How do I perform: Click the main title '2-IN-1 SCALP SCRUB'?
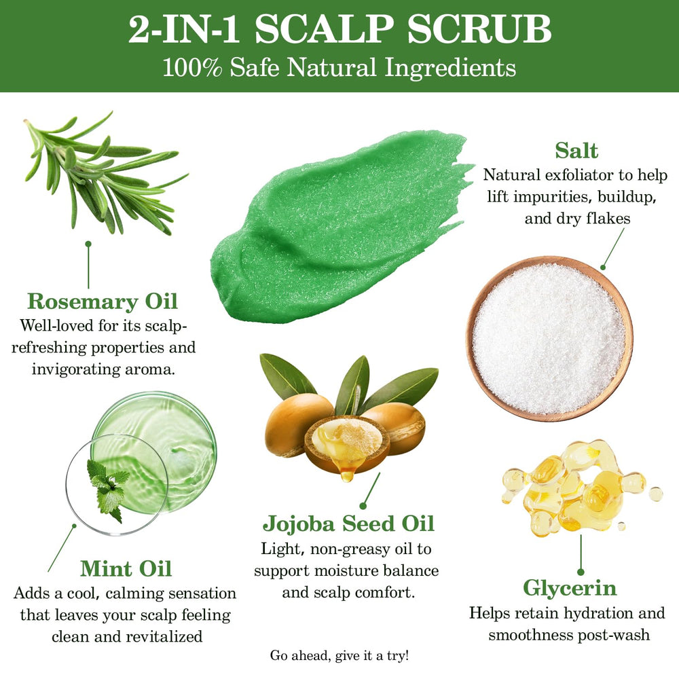click(340, 29)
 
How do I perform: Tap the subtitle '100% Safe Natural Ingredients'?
click(339, 68)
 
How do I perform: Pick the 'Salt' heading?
click(576, 151)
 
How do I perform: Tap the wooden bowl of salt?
click(549, 339)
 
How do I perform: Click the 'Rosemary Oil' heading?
click(103, 301)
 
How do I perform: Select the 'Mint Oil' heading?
click(126, 568)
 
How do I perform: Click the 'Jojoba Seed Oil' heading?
click(348, 524)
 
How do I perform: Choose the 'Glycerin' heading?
click(570, 588)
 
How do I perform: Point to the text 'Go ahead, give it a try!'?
click(339, 656)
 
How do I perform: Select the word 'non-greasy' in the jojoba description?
click(350, 549)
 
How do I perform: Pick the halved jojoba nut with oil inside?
click(347, 444)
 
